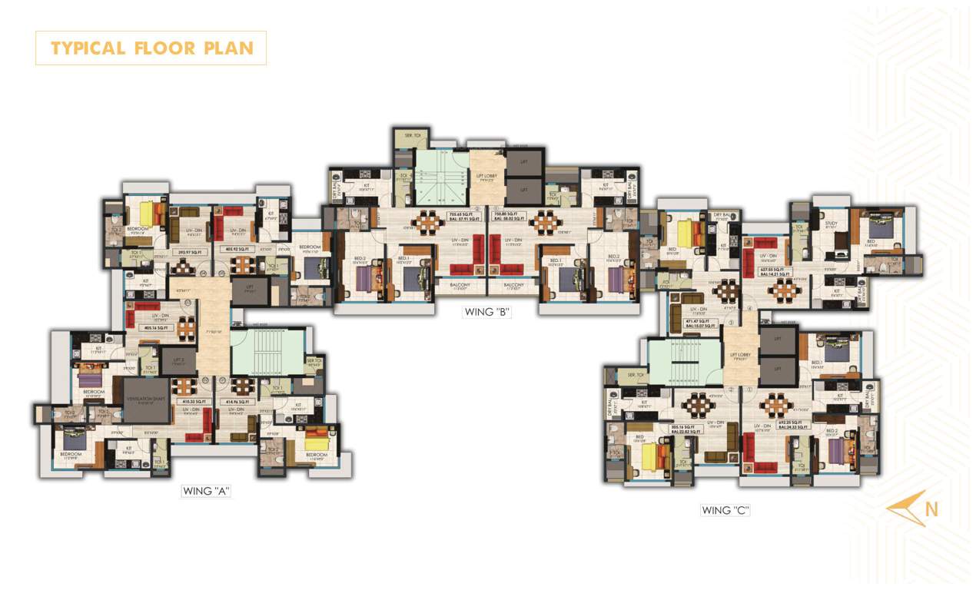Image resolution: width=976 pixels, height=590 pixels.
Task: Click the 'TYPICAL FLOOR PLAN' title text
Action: pyautogui.click(x=151, y=48)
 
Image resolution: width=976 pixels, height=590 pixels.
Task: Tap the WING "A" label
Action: pyautogui.click(x=206, y=490)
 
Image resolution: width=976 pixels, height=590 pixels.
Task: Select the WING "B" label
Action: pyautogui.click(x=487, y=311)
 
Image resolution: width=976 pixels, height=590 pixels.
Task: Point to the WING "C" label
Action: pyautogui.click(x=725, y=509)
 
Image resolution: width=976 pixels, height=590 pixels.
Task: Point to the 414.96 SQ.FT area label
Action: pyautogui.click(x=235, y=401)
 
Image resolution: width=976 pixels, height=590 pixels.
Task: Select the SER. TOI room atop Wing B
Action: pyautogui.click(x=407, y=137)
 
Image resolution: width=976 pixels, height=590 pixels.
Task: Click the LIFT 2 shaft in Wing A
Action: pyautogui.click(x=178, y=360)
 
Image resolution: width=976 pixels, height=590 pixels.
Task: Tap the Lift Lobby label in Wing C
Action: pyautogui.click(x=740, y=353)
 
